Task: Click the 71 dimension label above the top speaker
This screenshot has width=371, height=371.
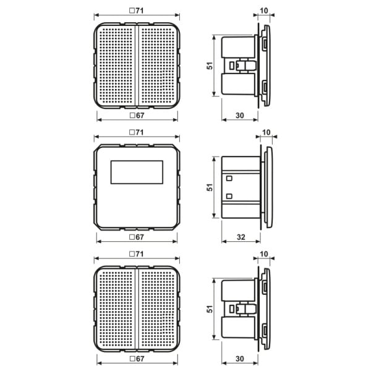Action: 137,11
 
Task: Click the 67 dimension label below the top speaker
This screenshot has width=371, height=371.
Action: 137,116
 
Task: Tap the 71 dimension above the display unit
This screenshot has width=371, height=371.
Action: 137,132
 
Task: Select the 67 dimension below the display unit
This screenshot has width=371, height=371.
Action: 137,237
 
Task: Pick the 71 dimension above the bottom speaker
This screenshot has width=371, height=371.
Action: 137,254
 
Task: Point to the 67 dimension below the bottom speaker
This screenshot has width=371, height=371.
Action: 137,359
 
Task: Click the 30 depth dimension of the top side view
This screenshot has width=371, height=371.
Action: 240,116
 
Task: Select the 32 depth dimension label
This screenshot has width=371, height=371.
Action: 241,237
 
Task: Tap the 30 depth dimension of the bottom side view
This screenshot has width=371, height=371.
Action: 240,359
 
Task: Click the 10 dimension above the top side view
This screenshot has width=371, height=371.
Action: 264,11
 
